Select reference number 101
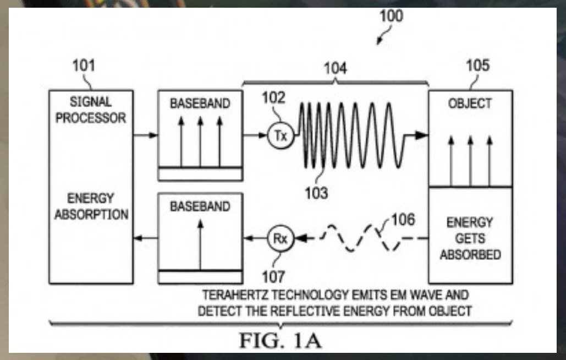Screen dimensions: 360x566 click(x=84, y=66)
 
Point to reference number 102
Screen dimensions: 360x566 click(x=274, y=98)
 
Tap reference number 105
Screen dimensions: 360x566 click(x=477, y=66)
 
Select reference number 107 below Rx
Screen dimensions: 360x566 click(x=273, y=274)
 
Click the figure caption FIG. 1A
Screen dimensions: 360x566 click(x=281, y=340)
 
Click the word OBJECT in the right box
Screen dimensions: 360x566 click(x=470, y=103)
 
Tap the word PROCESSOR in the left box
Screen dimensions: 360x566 click(x=91, y=118)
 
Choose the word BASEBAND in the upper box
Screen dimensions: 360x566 click(x=200, y=103)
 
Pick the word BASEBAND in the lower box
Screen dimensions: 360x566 click(x=200, y=206)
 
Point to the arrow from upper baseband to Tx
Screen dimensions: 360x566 click(x=255, y=135)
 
